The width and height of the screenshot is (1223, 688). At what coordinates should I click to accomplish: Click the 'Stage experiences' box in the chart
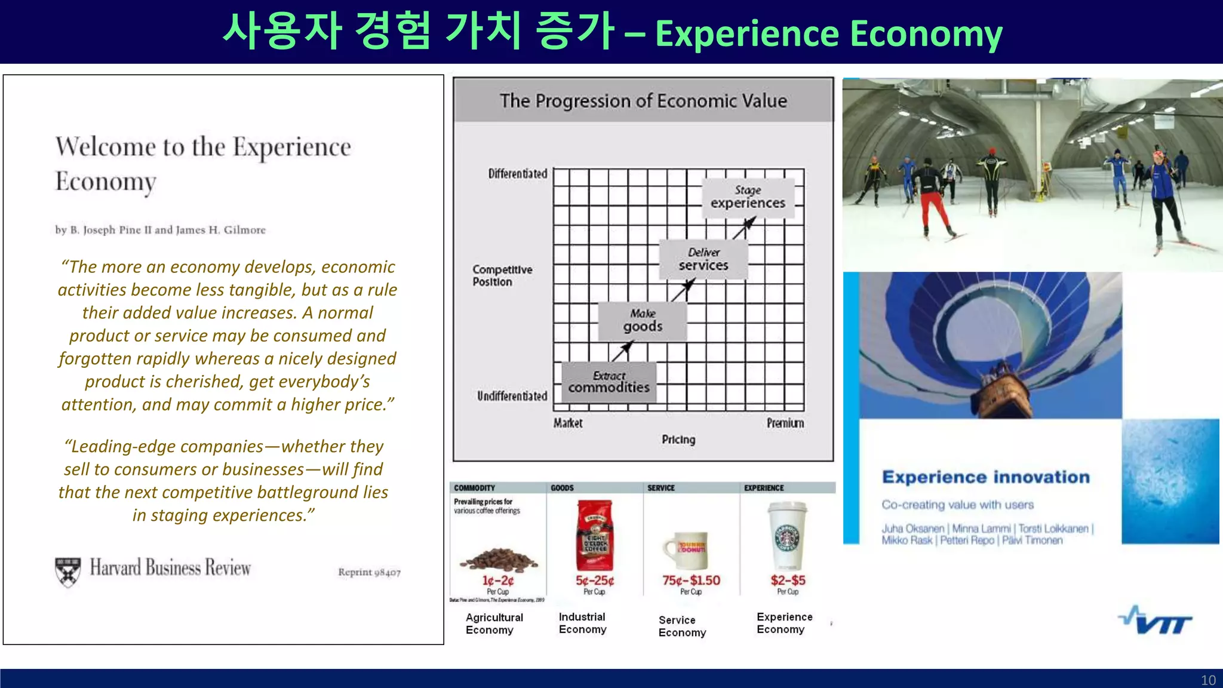point(748,198)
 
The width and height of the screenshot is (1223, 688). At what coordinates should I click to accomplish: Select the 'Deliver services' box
point(703,259)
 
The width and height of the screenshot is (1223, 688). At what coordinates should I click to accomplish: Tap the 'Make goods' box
point(642,321)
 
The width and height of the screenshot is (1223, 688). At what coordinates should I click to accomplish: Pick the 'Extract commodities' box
point(609,382)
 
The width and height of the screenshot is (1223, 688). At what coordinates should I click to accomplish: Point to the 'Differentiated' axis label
point(517,174)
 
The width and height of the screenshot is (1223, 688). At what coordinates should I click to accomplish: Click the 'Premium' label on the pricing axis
point(785,423)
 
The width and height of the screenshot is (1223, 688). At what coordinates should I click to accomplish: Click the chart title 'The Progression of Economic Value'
point(643,101)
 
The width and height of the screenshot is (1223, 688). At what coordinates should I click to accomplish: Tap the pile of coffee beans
point(498,560)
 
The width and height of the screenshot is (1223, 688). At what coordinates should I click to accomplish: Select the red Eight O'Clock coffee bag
point(594,536)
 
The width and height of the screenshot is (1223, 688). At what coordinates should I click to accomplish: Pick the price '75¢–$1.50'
point(691,580)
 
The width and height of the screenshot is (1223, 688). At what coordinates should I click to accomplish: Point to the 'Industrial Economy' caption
point(582,623)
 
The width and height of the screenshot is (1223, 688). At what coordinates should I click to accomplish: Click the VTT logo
point(1155,621)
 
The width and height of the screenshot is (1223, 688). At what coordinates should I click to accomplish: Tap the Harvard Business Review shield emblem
point(67,571)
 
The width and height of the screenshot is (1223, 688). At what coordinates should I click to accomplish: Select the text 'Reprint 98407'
point(369,572)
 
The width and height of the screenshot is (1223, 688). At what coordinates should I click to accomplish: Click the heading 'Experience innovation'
point(985,477)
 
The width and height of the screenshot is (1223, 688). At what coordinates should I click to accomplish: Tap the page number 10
point(1207,680)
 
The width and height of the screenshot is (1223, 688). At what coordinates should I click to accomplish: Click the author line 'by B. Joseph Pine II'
point(160,230)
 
